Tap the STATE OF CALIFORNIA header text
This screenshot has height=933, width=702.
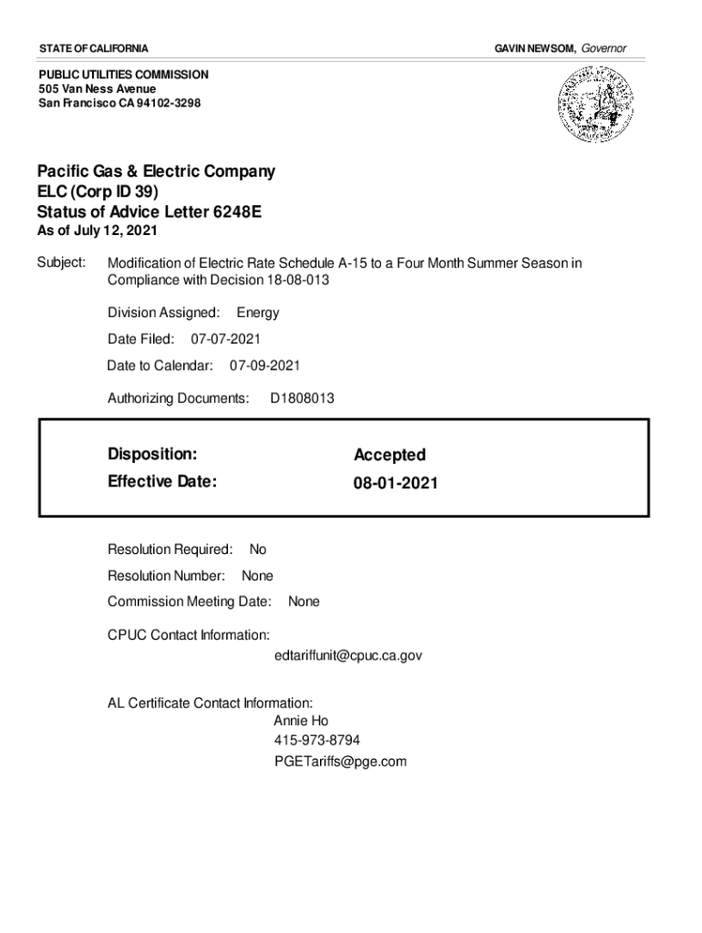click(94, 47)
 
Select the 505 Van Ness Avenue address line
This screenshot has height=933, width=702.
click(97, 88)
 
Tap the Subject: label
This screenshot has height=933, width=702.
click(61, 263)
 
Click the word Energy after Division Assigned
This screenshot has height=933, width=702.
click(258, 313)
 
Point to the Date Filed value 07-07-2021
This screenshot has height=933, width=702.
click(225, 339)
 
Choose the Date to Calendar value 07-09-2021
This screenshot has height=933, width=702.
click(264, 365)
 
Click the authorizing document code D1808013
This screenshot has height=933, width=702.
click(302, 398)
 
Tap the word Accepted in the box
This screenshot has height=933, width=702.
click(389, 455)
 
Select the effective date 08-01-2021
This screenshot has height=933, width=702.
click(396, 483)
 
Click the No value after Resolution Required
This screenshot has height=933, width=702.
click(258, 549)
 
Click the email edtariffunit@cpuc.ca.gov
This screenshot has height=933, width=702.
click(347, 655)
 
